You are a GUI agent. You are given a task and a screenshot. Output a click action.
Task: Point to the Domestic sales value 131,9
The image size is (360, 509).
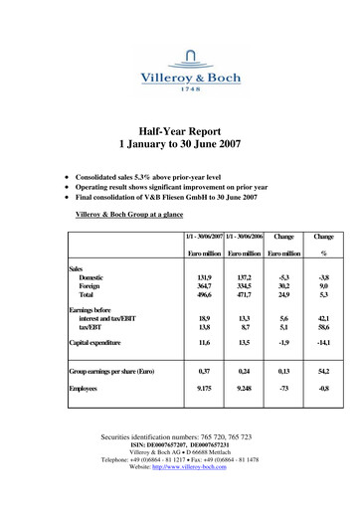[x=206, y=279]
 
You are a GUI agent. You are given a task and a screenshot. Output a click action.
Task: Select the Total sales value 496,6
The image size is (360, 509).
[x=206, y=295]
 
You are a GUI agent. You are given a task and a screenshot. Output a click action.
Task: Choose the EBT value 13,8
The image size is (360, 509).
[x=206, y=327]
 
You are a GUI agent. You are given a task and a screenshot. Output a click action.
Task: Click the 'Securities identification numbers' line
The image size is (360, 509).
[x=180, y=437]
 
